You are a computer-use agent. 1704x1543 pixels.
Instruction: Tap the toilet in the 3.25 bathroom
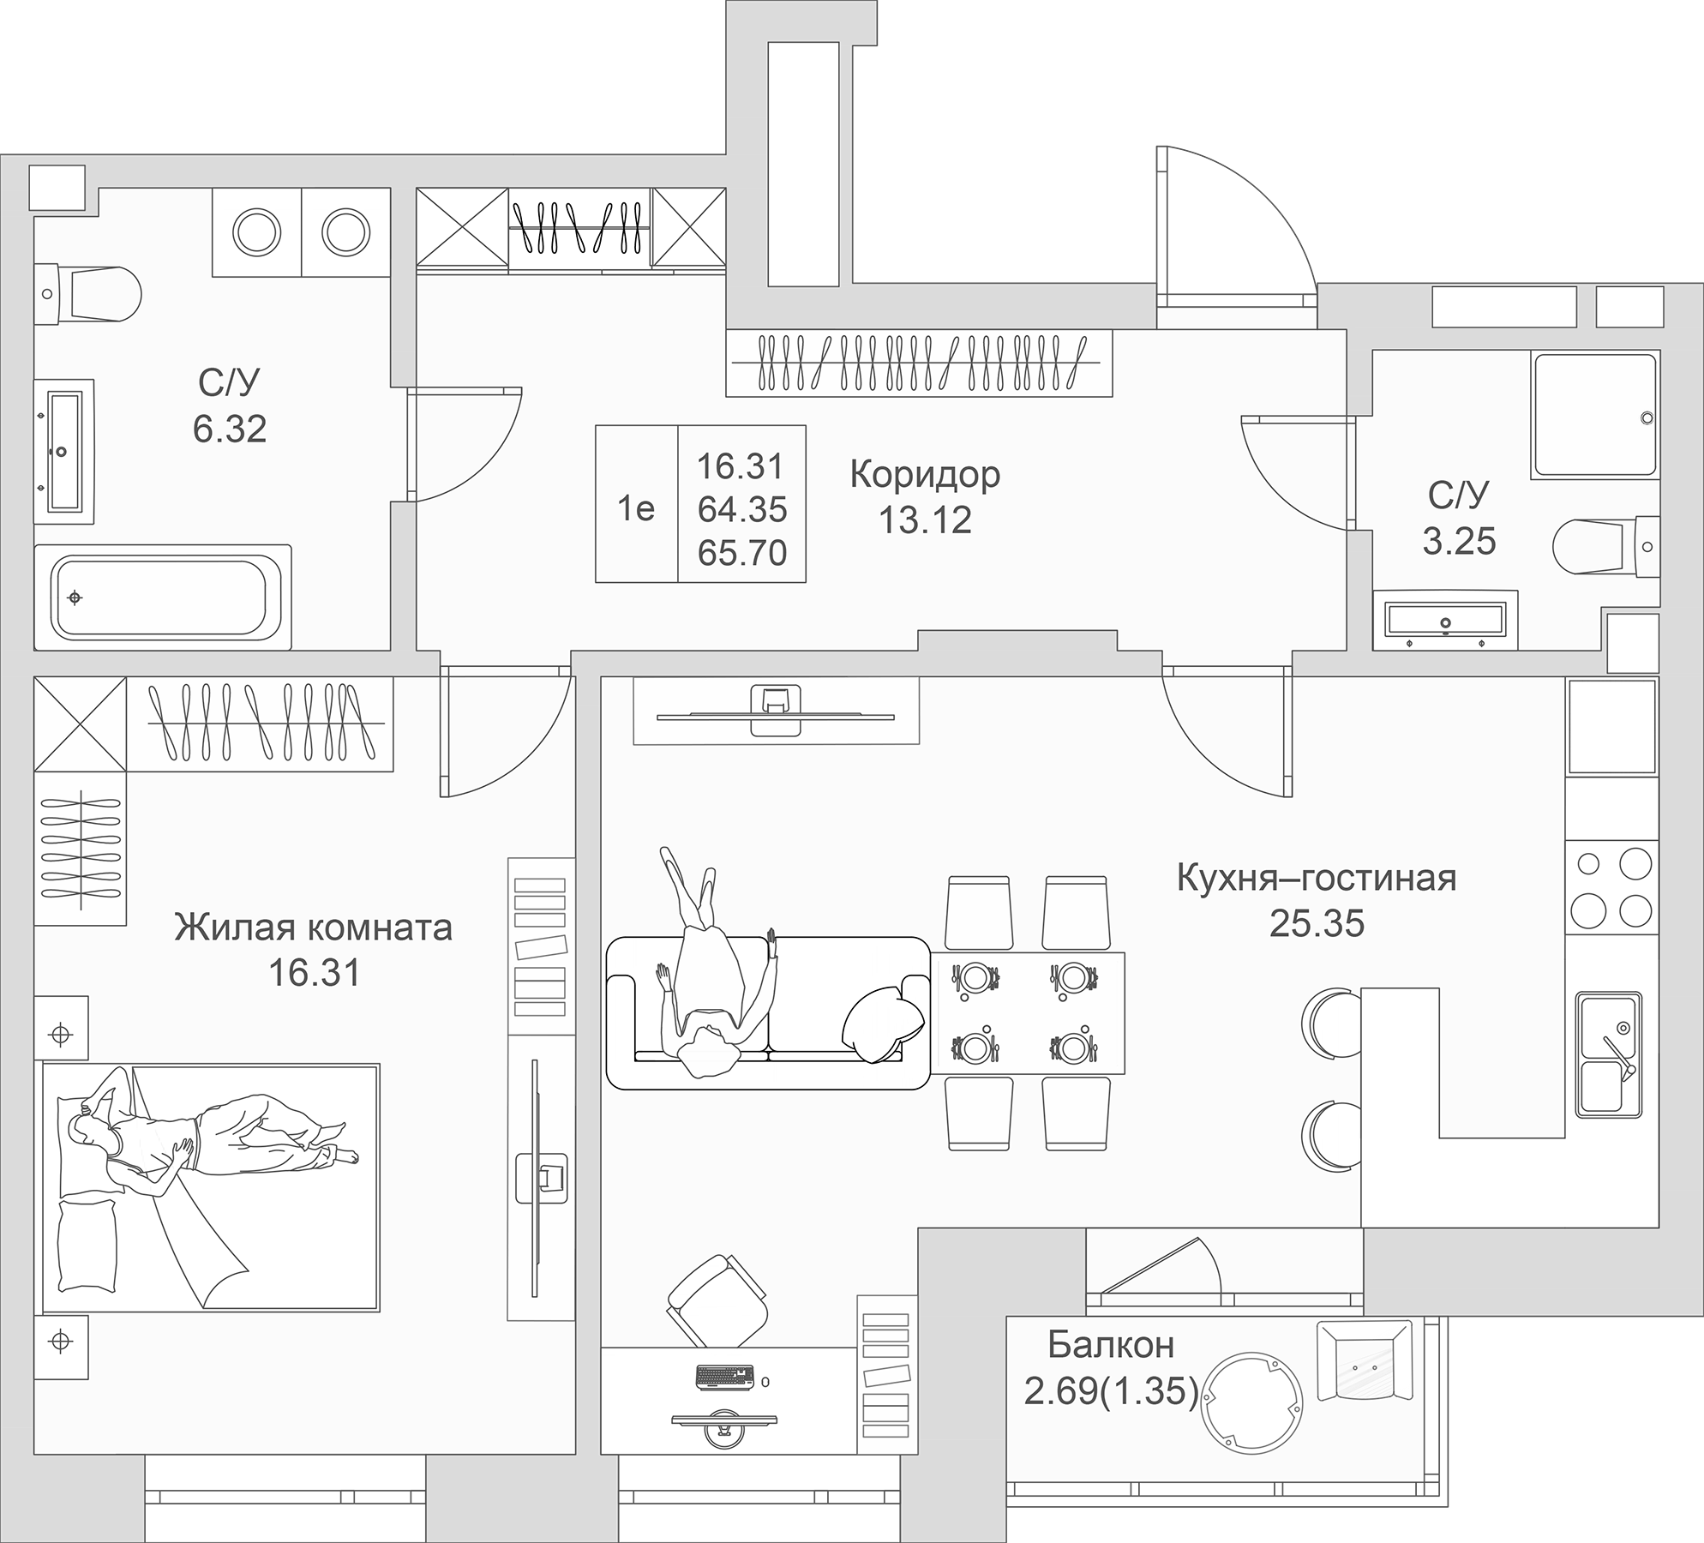pos(1606,545)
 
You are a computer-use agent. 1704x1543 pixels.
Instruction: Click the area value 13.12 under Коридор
pos(926,519)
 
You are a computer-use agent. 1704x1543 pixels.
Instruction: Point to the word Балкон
pos(1110,1345)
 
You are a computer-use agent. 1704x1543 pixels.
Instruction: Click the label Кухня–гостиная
pos(1317,879)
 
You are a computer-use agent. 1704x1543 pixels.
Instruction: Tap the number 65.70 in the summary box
pos(742,553)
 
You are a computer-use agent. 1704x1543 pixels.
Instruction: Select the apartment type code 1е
pos(636,509)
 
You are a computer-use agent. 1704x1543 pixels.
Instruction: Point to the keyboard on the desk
pos(725,1377)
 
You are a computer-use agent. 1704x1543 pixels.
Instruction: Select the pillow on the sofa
pos(883,1024)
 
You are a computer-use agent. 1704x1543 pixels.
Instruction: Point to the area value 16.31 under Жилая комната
pos(315,973)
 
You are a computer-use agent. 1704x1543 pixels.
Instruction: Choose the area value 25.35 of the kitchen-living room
pos(1317,923)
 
